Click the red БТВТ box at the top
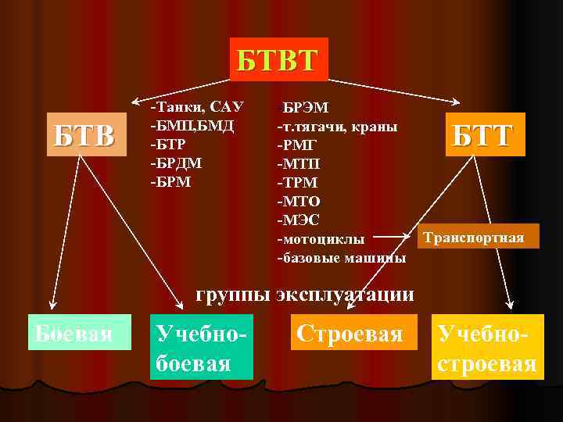pyautogui.click(x=278, y=59)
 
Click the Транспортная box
pyautogui.click(x=478, y=237)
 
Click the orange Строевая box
pyautogui.click(x=349, y=334)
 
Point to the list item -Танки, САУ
pyautogui.click(x=197, y=106)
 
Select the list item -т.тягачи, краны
pyautogui.click(x=337, y=126)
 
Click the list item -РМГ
pyautogui.click(x=297, y=145)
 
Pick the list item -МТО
pyautogui.click(x=298, y=201)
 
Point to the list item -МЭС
pyautogui.click(x=298, y=220)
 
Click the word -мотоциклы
pyautogui.click(x=320, y=238)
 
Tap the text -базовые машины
pyautogui.click(x=341, y=257)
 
